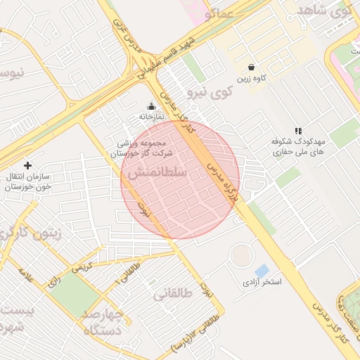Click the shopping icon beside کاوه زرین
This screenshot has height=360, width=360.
click(252, 67)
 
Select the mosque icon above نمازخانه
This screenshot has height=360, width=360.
click(150, 106)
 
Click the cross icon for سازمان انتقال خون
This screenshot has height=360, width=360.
click(27, 165)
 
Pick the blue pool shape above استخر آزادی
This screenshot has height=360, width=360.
click(262, 270)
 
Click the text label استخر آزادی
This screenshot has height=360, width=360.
click(262, 282)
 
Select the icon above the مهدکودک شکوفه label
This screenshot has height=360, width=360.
click(298, 131)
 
